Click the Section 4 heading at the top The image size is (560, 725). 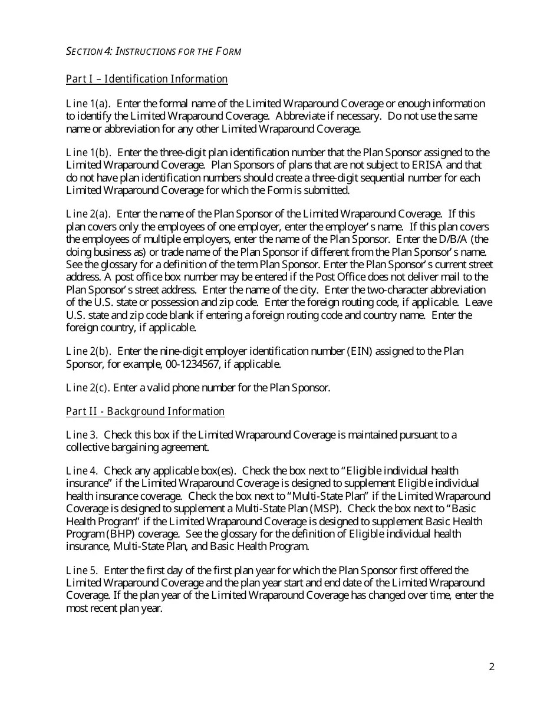click(153, 51)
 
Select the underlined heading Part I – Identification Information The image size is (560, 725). click(146, 79)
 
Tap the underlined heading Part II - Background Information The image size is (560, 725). click(145, 411)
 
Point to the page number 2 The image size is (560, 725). click(492, 667)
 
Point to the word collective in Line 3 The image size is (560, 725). click(86, 447)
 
